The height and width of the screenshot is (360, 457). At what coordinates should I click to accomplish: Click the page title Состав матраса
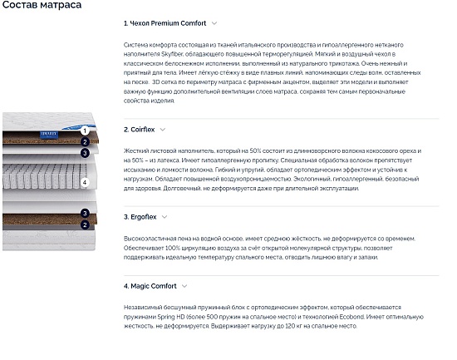42,5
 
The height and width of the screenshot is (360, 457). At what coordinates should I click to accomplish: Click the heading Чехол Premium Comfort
165,23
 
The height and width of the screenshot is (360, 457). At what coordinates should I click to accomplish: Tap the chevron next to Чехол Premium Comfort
214,23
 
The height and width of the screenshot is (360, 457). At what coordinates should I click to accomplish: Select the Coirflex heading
140,130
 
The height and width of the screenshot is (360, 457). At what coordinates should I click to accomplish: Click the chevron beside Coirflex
163,130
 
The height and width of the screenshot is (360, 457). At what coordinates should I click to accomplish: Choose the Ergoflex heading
140,217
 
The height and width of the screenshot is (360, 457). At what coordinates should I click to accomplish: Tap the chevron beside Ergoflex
165,217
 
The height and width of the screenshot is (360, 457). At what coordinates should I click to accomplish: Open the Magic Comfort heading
150,286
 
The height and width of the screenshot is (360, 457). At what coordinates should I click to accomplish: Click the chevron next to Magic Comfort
184,286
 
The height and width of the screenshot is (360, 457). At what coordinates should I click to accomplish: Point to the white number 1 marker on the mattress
85,131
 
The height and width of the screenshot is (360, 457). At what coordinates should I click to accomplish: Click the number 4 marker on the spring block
85,183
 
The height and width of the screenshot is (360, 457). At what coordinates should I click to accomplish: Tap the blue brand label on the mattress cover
49,134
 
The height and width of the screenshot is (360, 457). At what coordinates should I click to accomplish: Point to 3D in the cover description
156,82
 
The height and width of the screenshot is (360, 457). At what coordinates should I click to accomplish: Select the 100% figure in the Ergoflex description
173,249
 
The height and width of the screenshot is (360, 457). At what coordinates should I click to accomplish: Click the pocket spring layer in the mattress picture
44,176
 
